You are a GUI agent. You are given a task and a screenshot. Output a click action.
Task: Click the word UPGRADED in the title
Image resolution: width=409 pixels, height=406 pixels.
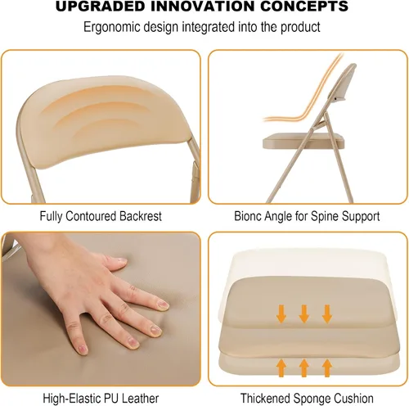click(x=100, y=7)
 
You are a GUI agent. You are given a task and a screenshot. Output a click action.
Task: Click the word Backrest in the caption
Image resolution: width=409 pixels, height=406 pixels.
click(x=141, y=216)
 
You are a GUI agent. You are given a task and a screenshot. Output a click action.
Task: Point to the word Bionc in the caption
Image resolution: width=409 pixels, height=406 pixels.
click(x=248, y=216)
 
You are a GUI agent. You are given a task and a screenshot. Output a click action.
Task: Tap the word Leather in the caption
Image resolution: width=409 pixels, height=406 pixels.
click(x=140, y=399)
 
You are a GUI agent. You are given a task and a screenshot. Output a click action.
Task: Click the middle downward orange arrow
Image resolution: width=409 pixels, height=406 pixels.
click(x=303, y=314)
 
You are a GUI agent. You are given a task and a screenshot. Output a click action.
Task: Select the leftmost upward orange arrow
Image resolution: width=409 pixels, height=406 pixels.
click(x=281, y=368)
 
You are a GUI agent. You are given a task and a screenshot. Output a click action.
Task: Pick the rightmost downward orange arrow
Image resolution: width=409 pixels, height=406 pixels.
click(x=327, y=314)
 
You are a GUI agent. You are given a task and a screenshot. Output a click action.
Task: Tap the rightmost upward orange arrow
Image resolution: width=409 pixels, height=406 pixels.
click(x=327, y=368)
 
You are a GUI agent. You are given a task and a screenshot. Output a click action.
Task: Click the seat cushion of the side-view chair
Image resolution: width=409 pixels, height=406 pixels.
click(x=303, y=141)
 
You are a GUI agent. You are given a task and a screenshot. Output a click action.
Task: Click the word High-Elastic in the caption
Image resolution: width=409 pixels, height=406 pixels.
click(x=71, y=399)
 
